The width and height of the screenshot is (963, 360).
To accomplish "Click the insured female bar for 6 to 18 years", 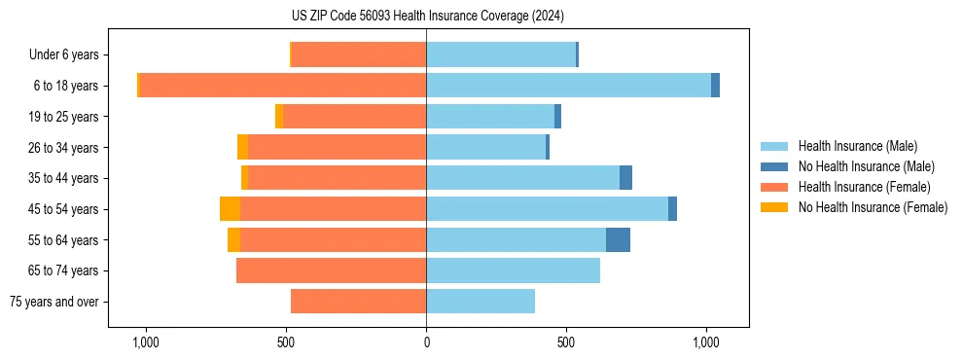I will [282, 86].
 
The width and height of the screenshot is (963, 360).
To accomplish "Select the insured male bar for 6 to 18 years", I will [568, 86].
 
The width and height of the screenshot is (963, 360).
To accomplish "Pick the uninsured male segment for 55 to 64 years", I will [618, 240].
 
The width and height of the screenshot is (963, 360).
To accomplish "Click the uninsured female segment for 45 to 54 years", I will [230, 209].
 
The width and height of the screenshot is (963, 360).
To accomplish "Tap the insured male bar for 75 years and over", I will [481, 302].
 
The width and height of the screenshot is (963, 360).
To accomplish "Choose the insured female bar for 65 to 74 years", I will [331, 270].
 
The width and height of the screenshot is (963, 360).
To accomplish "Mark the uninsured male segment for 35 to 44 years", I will [625, 178].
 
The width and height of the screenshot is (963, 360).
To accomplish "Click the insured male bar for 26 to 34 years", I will [485, 147].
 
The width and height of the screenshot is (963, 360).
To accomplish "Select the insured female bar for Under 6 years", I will [358, 54].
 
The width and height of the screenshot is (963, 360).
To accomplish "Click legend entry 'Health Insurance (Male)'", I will [857, 146].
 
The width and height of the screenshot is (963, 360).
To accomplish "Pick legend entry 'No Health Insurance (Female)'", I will [873, 207].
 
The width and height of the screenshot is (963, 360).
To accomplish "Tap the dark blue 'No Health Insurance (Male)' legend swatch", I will [774, 166].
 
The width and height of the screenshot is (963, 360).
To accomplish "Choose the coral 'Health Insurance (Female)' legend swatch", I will [774, 187].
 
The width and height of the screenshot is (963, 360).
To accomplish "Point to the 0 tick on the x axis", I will [426, 342].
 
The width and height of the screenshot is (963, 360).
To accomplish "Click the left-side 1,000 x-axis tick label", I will [145, 342].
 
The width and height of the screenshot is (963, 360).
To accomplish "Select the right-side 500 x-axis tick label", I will [566, 342].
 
